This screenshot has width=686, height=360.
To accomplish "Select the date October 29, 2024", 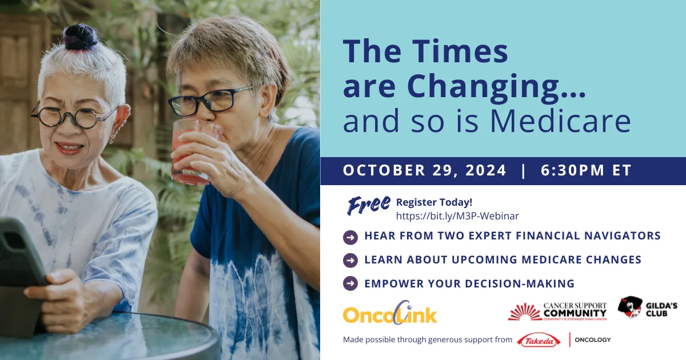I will click(424, 170).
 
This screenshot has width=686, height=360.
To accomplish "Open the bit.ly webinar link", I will click(457, 216).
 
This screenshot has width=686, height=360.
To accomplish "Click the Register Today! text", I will click(434, 202).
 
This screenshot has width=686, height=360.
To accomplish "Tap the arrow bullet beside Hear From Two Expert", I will click(350, 236).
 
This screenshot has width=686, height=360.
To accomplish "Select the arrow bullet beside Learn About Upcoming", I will click(350, 260).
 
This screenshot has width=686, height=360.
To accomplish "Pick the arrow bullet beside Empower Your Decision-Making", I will click(350, 283).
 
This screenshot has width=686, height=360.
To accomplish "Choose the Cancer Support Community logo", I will click(557, 312).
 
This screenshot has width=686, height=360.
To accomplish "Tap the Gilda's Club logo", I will click(647, 309).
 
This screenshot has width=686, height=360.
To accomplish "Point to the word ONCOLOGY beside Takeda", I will click(592, 340).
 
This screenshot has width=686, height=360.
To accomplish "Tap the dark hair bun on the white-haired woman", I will click(80, 37).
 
